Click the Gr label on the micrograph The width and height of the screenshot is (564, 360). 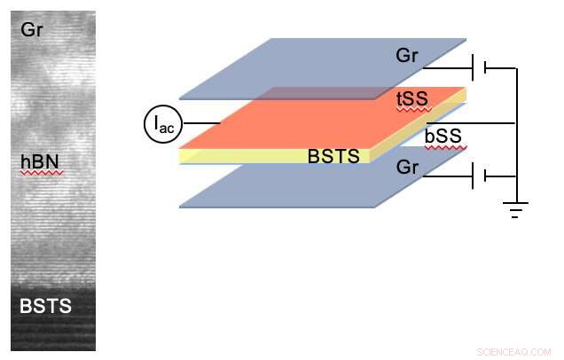click(x=31, y=31)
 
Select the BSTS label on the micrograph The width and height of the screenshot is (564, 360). click(x=46, y=308)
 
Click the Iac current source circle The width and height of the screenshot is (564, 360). click(x=163, y=124)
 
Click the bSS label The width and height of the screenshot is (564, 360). click(x=444, y=136)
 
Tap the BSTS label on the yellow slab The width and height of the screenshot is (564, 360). click(x=333, y=157)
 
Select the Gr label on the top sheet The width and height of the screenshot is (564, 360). click(x=408, y=57)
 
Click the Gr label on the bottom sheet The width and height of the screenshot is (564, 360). click(x=408, y=167)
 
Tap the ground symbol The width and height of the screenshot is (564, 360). click(x=515, y=209)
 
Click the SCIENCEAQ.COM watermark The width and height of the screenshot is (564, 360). click(x=513, y=350)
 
